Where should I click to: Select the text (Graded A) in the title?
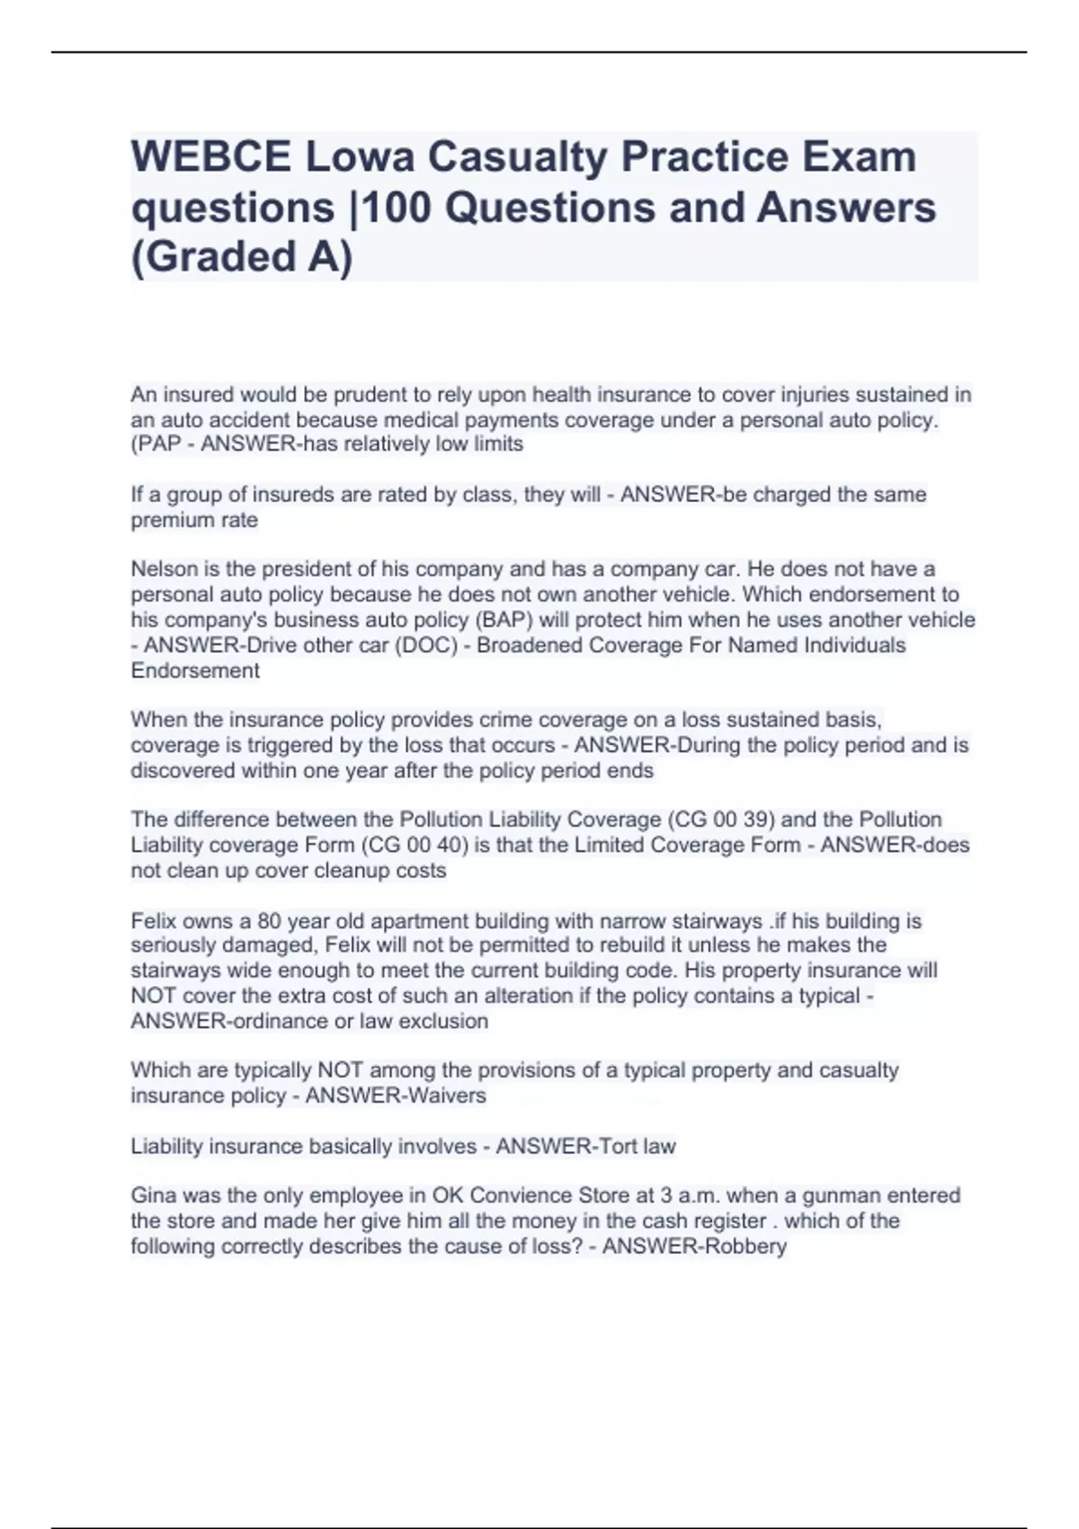click(242, 258)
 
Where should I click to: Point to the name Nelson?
click(161, 569)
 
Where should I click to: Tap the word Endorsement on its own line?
click(195, 670)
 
